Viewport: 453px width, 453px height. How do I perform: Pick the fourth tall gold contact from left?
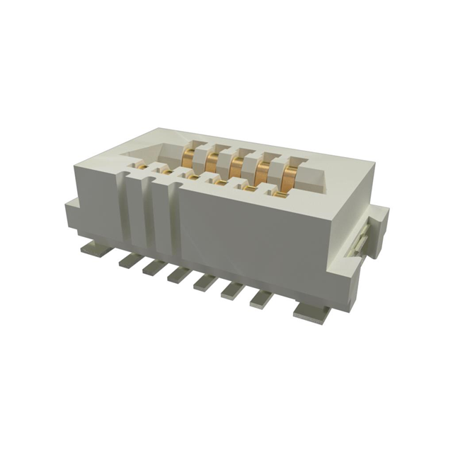(262, 173)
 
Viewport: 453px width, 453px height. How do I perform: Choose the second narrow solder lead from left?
(154, 267)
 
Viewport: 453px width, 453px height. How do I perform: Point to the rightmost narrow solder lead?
(261, 298)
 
